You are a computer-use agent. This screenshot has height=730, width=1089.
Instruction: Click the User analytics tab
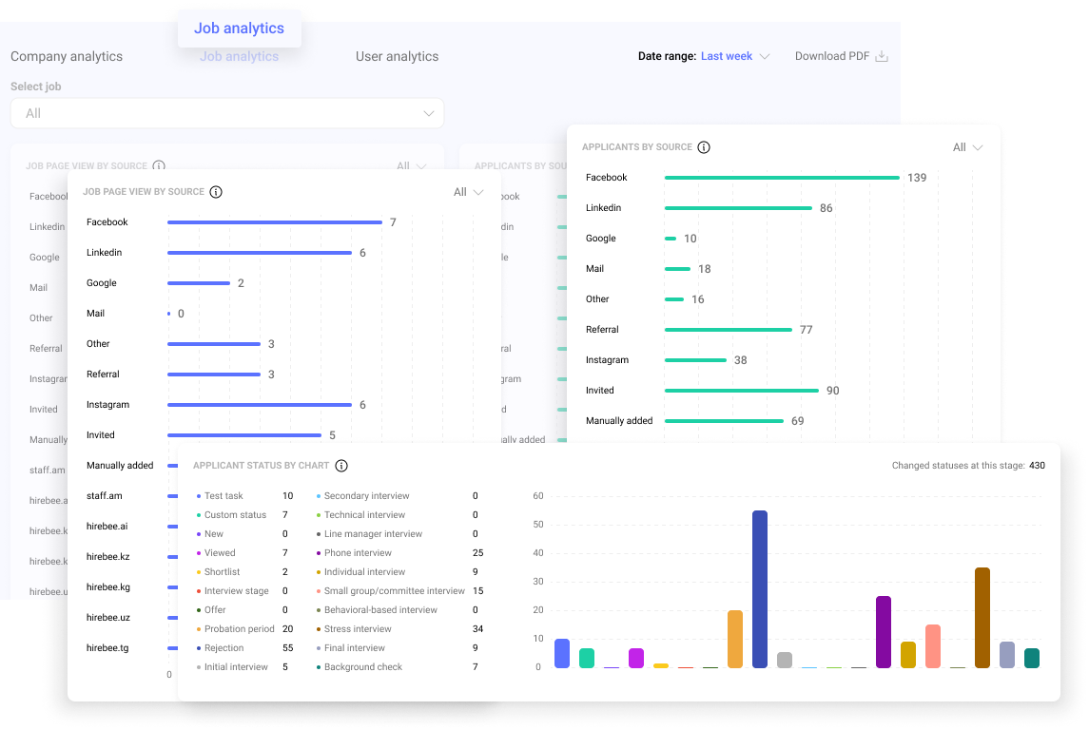[397, 56]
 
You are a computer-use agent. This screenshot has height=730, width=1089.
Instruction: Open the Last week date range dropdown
[734, 56]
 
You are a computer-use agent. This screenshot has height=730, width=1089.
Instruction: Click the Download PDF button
[841, 56]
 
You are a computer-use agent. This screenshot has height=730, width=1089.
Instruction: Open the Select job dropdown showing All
[226, 113]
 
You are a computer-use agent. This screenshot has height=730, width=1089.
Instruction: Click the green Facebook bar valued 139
[782, 178]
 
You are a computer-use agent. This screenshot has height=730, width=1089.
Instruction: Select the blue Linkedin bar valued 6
[260, 253]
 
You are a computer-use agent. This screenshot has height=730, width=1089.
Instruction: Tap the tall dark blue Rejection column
[759, 588]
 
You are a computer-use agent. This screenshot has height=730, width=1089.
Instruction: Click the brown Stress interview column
[982, 617]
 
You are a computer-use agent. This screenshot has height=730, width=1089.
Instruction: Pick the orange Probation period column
[734, 638]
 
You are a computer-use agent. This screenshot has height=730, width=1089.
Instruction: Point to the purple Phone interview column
[884, 631]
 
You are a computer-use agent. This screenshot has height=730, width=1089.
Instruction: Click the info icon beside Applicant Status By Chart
[341, 466]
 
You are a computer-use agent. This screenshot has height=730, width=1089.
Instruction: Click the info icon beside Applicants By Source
[704, 147]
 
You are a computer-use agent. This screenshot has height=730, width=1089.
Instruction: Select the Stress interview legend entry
[358, 629]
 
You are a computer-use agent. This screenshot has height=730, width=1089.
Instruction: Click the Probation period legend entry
[239, 629]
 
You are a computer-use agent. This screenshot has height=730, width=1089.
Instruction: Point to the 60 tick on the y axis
[538, 496]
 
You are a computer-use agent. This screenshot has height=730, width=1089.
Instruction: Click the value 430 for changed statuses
[1037, 466]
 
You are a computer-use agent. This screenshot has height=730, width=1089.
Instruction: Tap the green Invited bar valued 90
[742, 391]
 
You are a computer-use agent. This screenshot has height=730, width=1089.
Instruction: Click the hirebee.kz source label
[107, 557]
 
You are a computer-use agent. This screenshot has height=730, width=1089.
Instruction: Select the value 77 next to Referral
[807, 330]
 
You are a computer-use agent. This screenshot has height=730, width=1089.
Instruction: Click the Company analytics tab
[67, 56]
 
